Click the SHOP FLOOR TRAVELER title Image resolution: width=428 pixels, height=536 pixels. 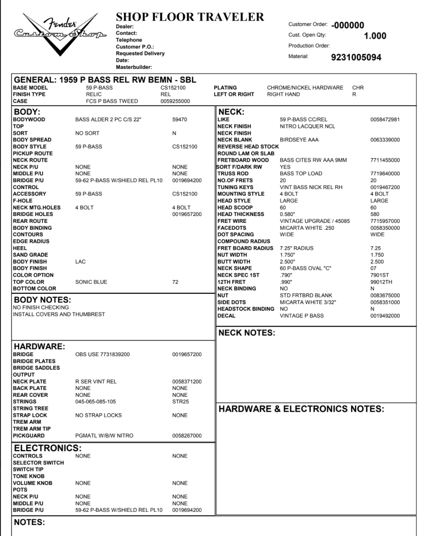[x=190, y=17]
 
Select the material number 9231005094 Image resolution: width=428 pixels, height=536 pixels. [x=356, y=58]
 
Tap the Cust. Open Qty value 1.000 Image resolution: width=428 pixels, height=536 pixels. [x=375, y=36]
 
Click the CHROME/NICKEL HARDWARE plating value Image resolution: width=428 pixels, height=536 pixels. [x=305, y=87]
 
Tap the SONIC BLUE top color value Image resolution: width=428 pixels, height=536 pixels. [x=91, y=282]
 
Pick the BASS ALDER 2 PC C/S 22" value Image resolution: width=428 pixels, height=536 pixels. [x=108, y=119]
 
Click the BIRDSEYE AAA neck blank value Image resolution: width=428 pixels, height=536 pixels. [x=299, y=140]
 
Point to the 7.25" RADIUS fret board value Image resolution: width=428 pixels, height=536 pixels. [x=297, y=248]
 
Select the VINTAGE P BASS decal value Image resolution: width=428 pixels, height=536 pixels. [x=302, y=316]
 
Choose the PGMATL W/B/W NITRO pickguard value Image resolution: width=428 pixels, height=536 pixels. [x=104, y=436]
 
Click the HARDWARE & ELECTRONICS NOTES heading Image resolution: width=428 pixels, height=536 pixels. [x=301, y=409]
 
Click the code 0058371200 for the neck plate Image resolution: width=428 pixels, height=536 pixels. [x=187, y=381]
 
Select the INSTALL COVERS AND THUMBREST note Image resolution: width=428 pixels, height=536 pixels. [x=59, y=314]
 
